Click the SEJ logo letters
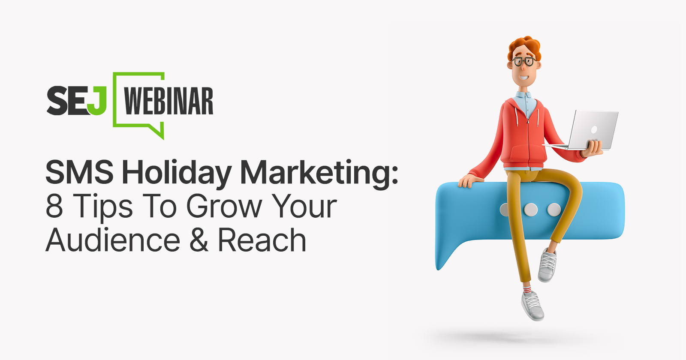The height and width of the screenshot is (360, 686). pos(76,101)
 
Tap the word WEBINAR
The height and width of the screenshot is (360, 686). pos(168,102)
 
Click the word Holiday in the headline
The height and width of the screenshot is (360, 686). pos(177,173)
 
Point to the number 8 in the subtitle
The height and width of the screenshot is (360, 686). pos(54,206)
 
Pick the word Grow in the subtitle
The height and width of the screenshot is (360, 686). pos(224,206)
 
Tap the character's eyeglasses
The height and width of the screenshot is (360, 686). pos(524,61)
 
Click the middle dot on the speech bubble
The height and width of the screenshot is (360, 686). pos(531,210)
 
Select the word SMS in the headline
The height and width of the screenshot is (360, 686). pos(80,173)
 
